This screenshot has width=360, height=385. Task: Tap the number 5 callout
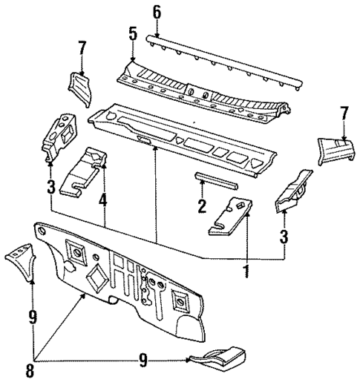[132, 34]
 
